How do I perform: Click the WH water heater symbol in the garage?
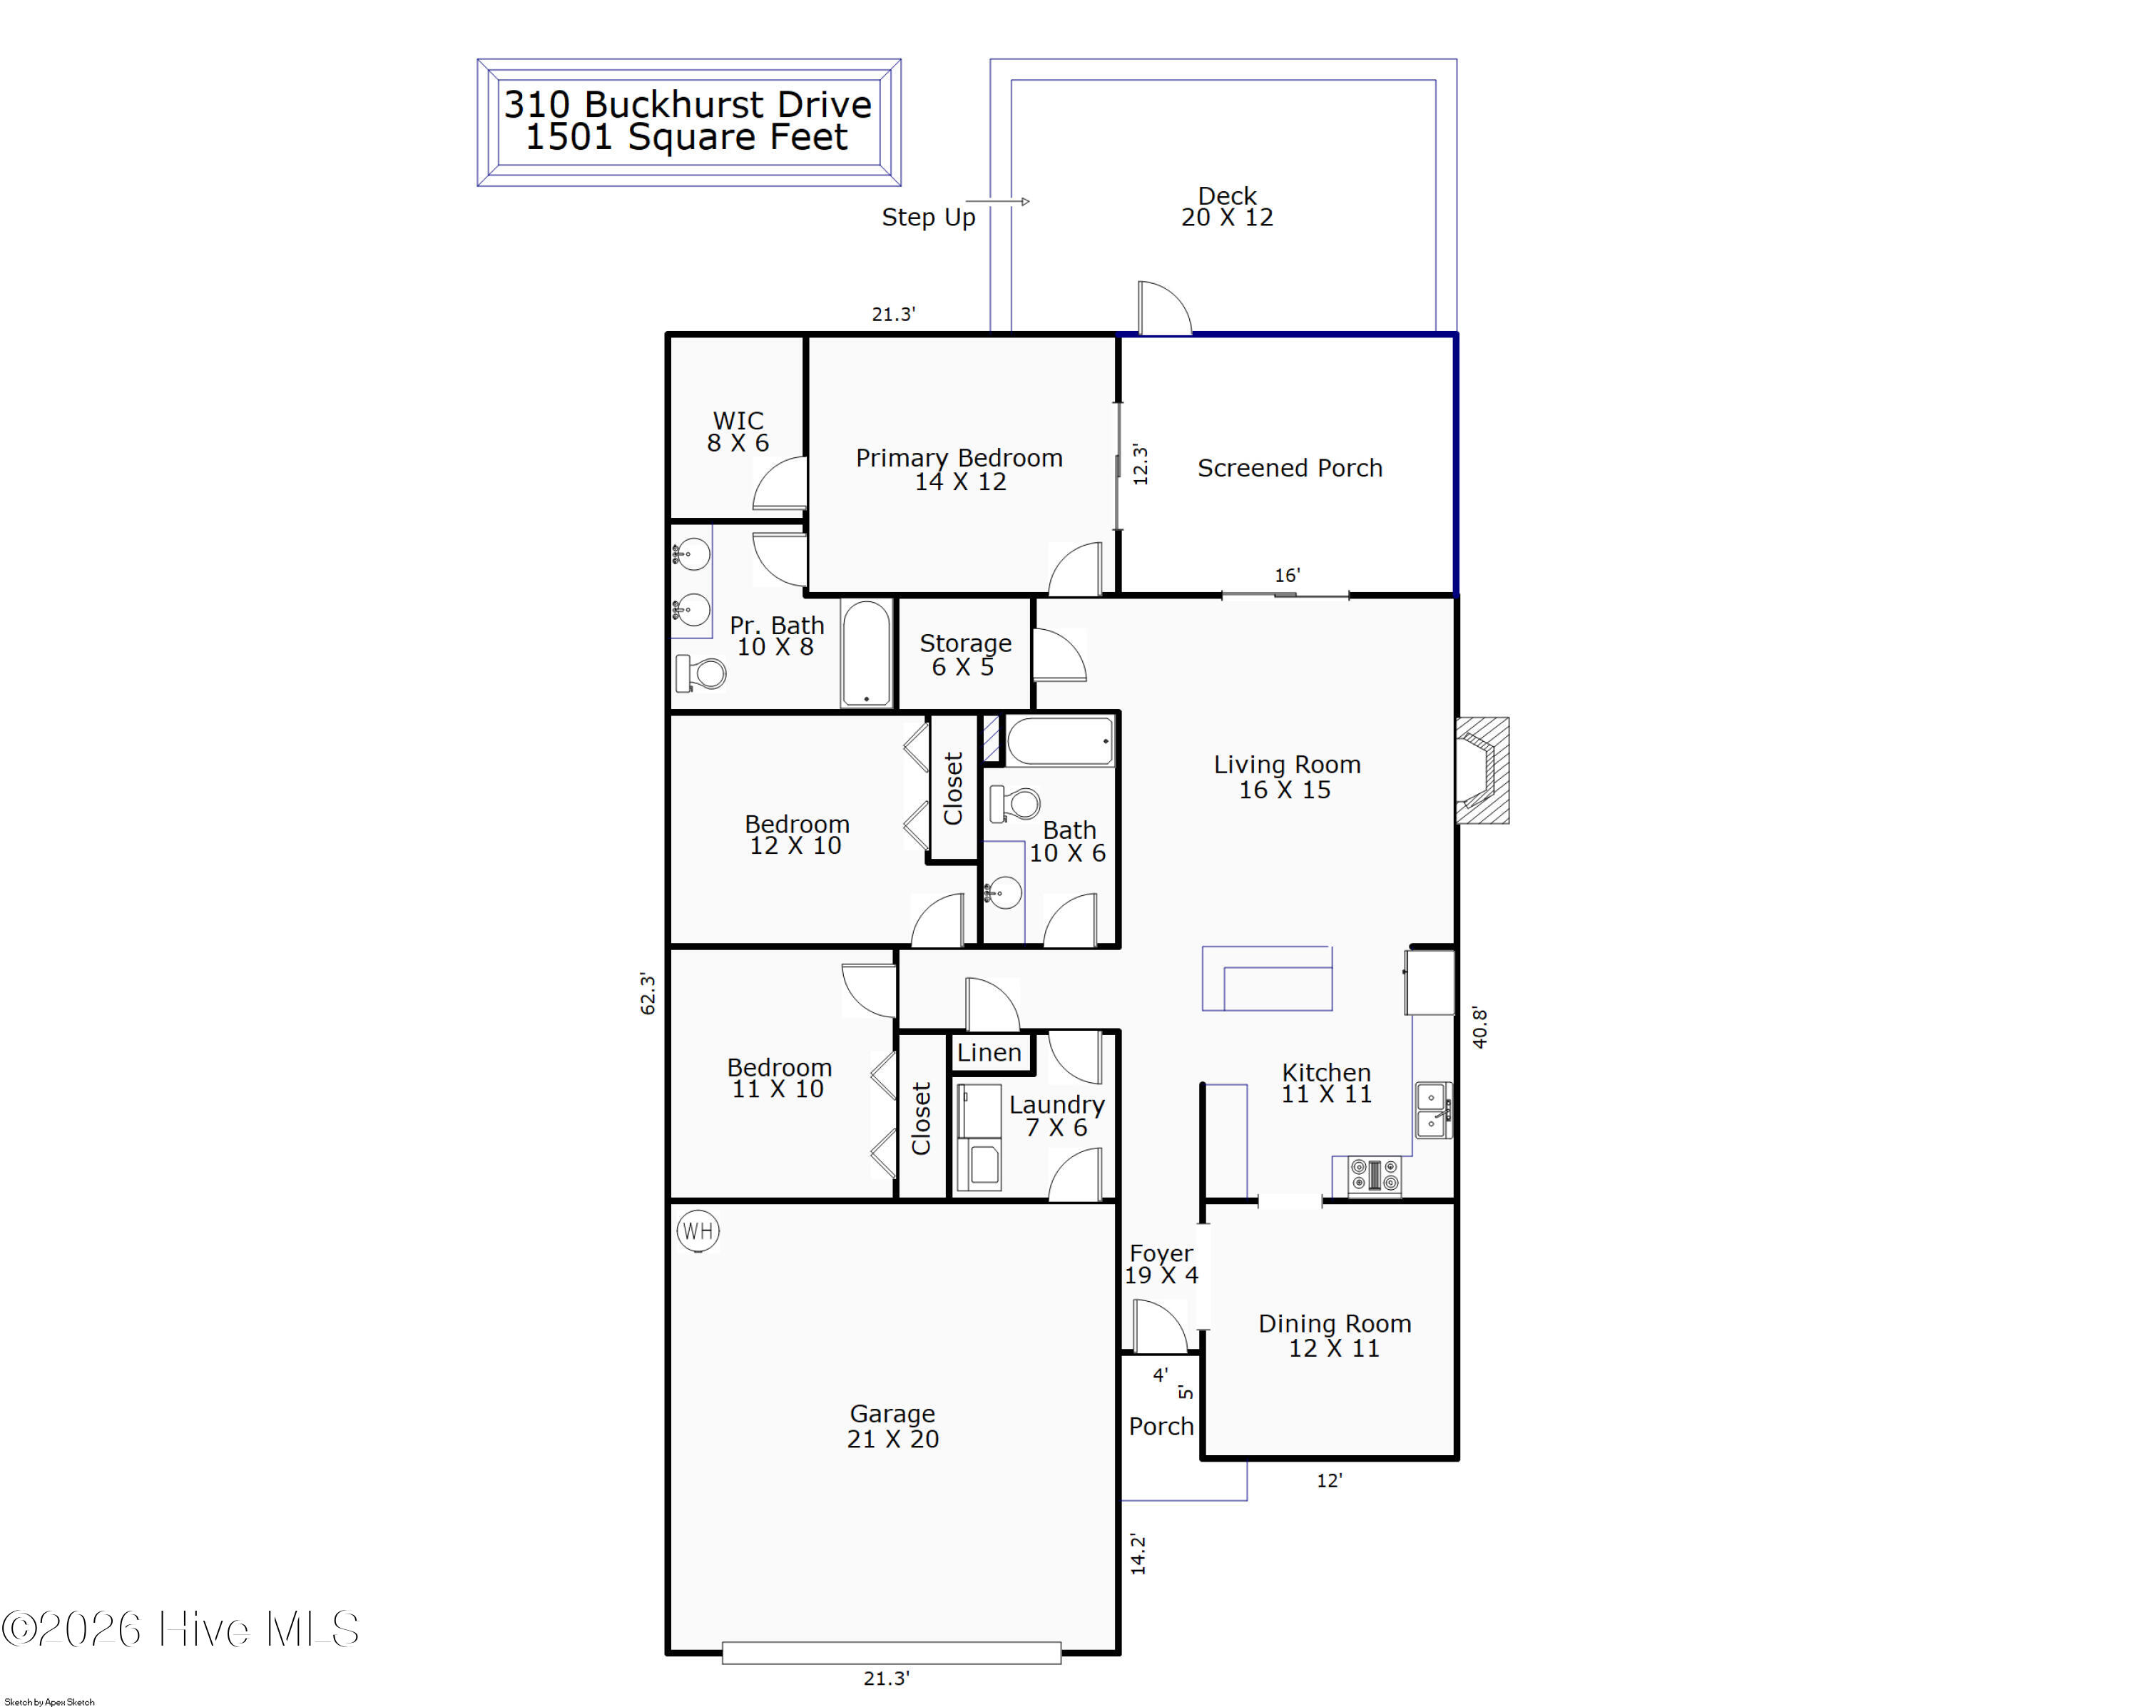[698, 1230]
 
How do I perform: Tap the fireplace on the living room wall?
[1482, 770]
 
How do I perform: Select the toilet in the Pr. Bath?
[700, 673]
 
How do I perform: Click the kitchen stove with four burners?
[1375, 1176]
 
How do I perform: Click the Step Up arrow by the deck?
[997, 201]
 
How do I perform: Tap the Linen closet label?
[989, 1052]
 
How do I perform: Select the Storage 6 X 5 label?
[965, 655]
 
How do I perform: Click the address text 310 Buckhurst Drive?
[688, 104]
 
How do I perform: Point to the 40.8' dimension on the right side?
[1479, 1026]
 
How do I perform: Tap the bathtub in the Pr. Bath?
[867, 653]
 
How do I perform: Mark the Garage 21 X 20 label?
[892, 1426]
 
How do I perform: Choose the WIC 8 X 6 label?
[738, 432]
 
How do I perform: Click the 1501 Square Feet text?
[687, 137]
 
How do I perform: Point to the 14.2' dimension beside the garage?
[1138, 1554]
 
